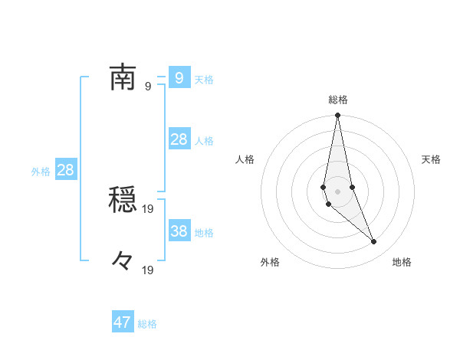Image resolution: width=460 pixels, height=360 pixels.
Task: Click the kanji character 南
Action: (x=123, y=77)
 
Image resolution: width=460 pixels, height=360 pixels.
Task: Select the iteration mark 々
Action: (x=123, y=260)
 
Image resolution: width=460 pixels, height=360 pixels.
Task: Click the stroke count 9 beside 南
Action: (x=147, y=86)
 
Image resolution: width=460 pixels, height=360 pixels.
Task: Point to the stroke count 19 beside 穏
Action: (x=149, y=208)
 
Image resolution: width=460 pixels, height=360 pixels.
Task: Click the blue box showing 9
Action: (x=179, y=77)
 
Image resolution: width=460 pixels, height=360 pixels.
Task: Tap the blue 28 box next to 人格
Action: (x=179, y=139)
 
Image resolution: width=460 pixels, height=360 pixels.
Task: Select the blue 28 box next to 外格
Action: (x=65, y=170)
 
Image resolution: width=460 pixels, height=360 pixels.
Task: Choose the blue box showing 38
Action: (x=179, y=231)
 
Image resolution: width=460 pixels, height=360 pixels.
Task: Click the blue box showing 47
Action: (x=123, y=322)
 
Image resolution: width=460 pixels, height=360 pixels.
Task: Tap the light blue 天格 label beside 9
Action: (x=204, y=79)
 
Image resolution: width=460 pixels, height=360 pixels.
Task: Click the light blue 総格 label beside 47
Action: (x=147, y=324)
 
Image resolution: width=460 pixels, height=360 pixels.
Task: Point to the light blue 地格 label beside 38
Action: (x=204, y=232)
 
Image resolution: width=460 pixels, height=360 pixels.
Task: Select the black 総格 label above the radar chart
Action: (x=337, y=100)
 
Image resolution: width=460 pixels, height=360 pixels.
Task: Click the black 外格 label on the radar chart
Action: (x=270, y=262)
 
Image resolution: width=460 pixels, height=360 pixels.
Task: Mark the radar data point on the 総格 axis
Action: (x=337, y=116)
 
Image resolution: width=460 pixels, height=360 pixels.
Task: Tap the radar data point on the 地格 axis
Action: (x=374, y=242)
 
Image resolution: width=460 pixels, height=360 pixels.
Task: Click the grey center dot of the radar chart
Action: (x=337, y=191)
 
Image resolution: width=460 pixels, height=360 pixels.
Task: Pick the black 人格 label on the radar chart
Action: (x=245, y=159)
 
